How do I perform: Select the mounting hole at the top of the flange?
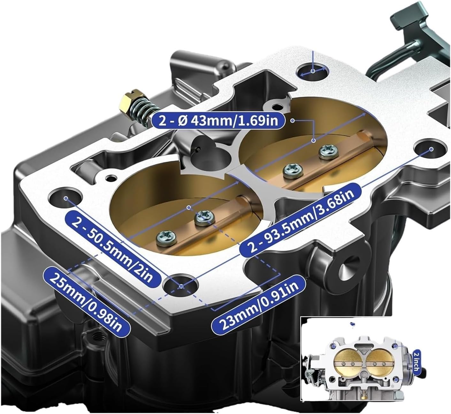(312, 72)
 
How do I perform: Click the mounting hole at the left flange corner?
(65, 197)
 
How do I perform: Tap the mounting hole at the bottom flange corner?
(181, 286)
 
